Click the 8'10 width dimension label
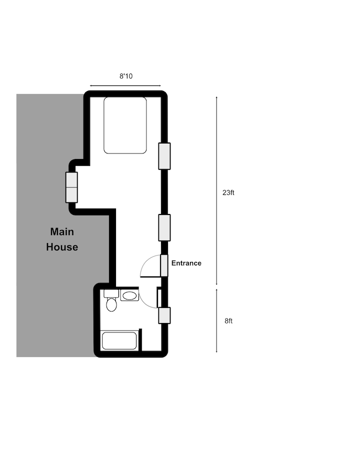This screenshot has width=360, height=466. (x=126, y=76)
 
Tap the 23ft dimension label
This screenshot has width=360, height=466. (x=228, y=192)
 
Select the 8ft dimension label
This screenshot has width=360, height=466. (x=228, y=321)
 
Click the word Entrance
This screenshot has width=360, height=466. (x=186, y=263)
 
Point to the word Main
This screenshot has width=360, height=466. (x=62, y=231)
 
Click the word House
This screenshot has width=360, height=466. (x=62, y=247)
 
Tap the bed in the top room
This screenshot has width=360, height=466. (x=125, y=125)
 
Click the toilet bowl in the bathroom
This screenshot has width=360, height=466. (x=111, y=304)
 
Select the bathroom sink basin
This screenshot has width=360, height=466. (x=129, y=295)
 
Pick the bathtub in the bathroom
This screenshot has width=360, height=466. (x=119, y=341)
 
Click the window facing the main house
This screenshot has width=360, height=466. (x=71, y=187)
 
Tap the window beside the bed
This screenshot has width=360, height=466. (x=164, y=156)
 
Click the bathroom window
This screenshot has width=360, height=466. (x=164, y=315)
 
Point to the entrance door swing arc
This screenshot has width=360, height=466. (x=145, y=261)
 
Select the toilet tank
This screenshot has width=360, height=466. (x=111, y=293)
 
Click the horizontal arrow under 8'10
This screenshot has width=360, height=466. (x=125, y=85)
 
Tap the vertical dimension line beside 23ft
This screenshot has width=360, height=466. (x=216, y=190)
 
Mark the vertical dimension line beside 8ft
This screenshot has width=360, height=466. (x=216, y=320)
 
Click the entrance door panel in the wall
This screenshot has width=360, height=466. (x=164, y=265)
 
